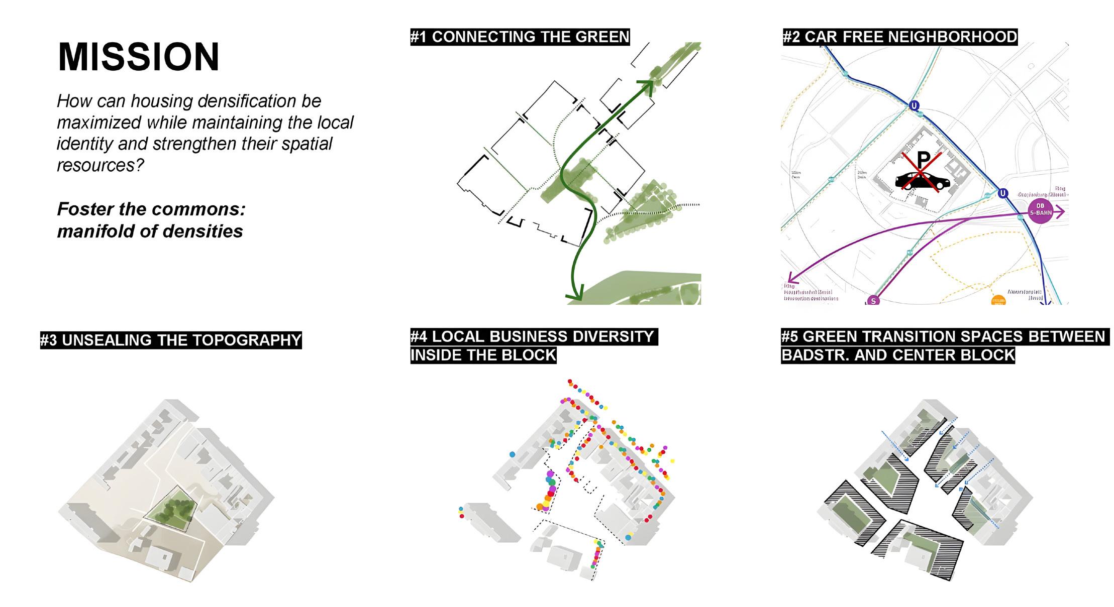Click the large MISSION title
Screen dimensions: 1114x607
pos(139,57)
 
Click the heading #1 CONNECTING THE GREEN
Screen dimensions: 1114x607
pos(520,37)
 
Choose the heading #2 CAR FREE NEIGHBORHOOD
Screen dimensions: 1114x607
pos(899,37)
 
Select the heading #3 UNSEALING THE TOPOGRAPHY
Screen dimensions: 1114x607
pos(171,340)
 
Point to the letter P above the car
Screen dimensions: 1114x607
pos(924,160)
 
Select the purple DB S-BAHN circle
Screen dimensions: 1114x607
pos(1040,210)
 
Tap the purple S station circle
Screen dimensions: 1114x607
pos(874,300)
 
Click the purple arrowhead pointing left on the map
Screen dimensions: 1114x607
pos(791,278)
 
